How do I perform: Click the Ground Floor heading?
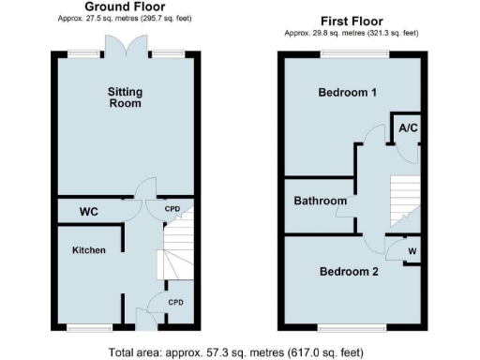pos(125,7)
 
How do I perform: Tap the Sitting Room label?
pos(124,97)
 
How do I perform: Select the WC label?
pos(90,213)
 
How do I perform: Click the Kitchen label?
pos(90,250)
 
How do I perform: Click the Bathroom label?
pos(321,201)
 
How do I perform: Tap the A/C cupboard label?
pos(408,127)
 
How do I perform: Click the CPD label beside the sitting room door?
pos(173,209)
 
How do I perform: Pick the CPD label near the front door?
pos(175,302)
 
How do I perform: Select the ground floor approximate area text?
pos(125,19)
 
